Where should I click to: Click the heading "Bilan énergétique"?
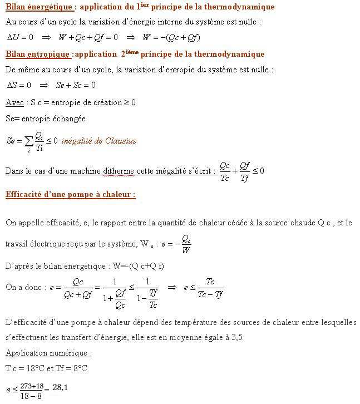[38, 7]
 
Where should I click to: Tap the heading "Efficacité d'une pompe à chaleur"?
[70, 195]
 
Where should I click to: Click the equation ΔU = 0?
[20, 37]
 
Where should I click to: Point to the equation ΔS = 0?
[19, 85]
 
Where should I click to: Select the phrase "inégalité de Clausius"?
[99, 141]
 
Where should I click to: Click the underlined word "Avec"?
[14, 102]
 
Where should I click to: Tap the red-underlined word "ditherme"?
[119, 171]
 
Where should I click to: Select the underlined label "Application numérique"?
[48, 353]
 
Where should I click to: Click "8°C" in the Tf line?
[78, 368]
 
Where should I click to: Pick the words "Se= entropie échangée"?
[45, 119]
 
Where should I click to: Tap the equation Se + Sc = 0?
[76, 85]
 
